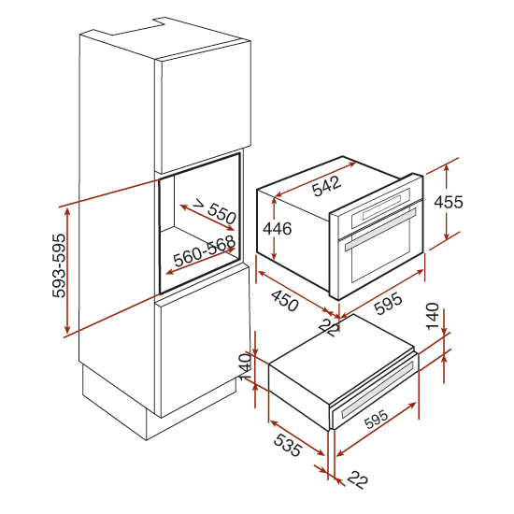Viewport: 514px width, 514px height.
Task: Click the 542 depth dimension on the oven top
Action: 326,186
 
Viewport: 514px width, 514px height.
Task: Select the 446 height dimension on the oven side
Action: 277,228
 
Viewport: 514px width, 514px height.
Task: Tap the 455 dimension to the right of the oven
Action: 449,202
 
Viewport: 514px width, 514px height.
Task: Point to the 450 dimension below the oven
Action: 284,301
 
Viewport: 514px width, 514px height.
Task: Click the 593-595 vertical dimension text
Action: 59,265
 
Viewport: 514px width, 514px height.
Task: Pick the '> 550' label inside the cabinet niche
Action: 215,212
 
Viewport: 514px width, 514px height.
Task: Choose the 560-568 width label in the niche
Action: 205,251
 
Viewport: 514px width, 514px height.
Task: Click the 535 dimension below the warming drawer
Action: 288,445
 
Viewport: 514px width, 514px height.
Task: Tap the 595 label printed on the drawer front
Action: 376,420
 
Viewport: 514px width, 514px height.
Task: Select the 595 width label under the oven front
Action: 388,303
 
